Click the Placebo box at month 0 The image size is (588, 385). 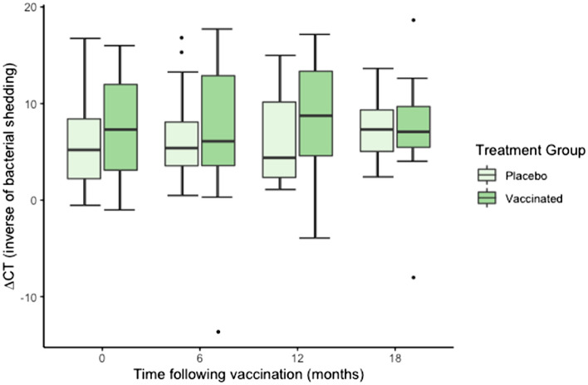tap(84, 149)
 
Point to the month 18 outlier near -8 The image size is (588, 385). tap(413, 277)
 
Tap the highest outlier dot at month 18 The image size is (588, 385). tap(413, 20)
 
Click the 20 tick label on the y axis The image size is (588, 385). tap(28, 8)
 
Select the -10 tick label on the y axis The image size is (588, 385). tap(26, 297)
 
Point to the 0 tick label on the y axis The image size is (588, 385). tap(32, 201)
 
